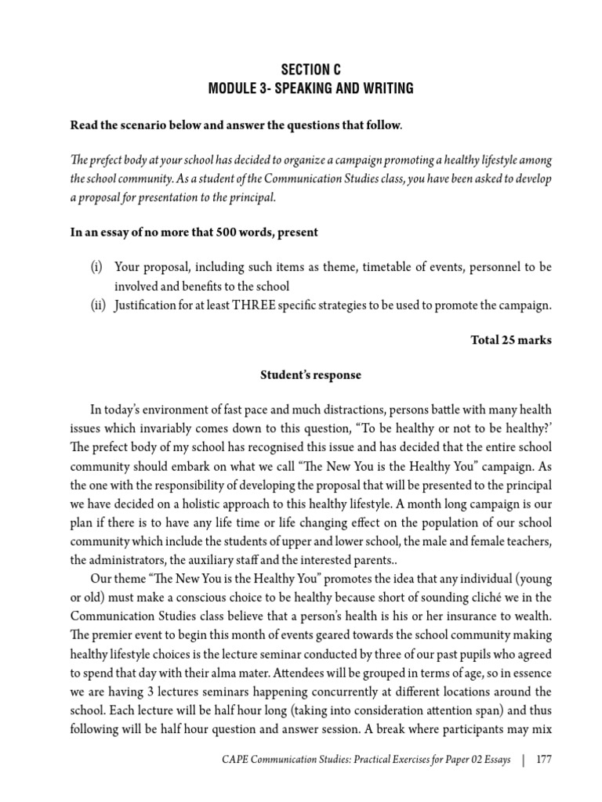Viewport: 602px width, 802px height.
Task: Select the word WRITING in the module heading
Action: click(384, 89)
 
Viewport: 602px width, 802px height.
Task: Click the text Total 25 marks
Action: click(510, 340)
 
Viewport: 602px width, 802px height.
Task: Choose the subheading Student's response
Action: click(311, 375)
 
